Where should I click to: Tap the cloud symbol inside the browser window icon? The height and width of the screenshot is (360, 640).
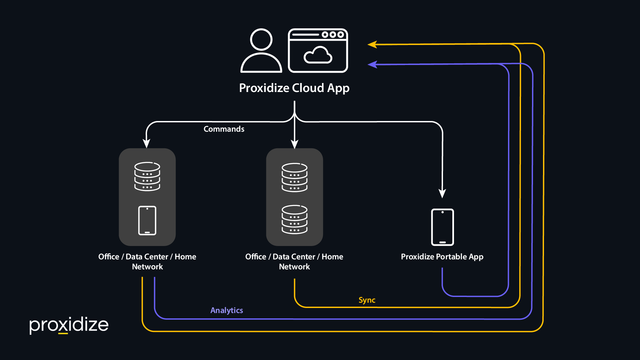click(x=318, y=55)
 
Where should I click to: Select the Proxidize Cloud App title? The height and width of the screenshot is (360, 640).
click(x=294, y=88)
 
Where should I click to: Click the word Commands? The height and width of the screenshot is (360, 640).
click(x=224, y=129)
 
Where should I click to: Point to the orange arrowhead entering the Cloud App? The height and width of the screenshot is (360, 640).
click(x=372, y=44)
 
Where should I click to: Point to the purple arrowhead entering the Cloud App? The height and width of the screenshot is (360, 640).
click(x=372, y=64)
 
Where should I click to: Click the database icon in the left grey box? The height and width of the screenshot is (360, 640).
click(x=147, y=177)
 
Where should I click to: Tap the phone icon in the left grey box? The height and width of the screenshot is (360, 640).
click(x=147, y=221)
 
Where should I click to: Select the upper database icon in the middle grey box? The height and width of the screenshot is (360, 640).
click(x=295, y=177)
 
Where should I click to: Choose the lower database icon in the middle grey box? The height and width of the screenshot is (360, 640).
click(x=295, y=219)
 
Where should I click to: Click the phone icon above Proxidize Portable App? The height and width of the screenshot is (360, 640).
click(x=443, y=227)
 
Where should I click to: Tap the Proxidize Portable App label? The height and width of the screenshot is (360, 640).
click(x=442, y=257)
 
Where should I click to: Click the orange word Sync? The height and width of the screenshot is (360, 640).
click(x=367, y=300)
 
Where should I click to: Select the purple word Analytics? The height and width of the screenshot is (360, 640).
click(x=227, y=311)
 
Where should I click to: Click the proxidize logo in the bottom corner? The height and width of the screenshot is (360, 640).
click(x=69, y=325)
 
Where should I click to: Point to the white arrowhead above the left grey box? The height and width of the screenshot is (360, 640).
click(x=146, y=144)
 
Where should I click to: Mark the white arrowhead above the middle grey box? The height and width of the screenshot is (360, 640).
click(x=295, y=144)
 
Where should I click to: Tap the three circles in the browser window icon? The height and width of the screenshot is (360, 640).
click(x=333, y=34)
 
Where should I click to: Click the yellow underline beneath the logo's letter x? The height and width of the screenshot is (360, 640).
click(x=63, y=333)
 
